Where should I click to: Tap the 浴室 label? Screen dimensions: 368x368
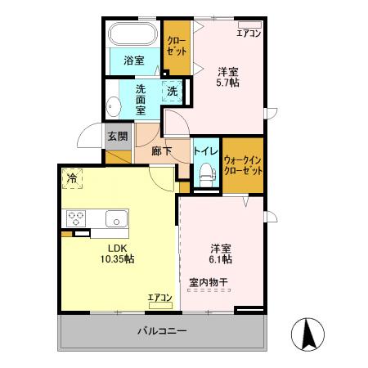133,60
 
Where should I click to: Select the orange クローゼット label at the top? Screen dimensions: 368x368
175,45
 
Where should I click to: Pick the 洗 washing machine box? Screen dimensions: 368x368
172,91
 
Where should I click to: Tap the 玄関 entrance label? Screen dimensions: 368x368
117,136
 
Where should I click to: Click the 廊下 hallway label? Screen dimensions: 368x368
162,151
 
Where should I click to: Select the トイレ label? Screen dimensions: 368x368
204,151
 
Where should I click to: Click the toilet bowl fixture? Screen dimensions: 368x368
206,173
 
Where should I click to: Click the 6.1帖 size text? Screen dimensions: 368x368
221,259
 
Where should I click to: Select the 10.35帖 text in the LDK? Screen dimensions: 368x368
117,258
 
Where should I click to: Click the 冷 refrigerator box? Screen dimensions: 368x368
73,177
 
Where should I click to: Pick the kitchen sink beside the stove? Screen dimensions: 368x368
115,218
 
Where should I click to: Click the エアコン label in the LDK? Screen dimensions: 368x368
159,297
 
